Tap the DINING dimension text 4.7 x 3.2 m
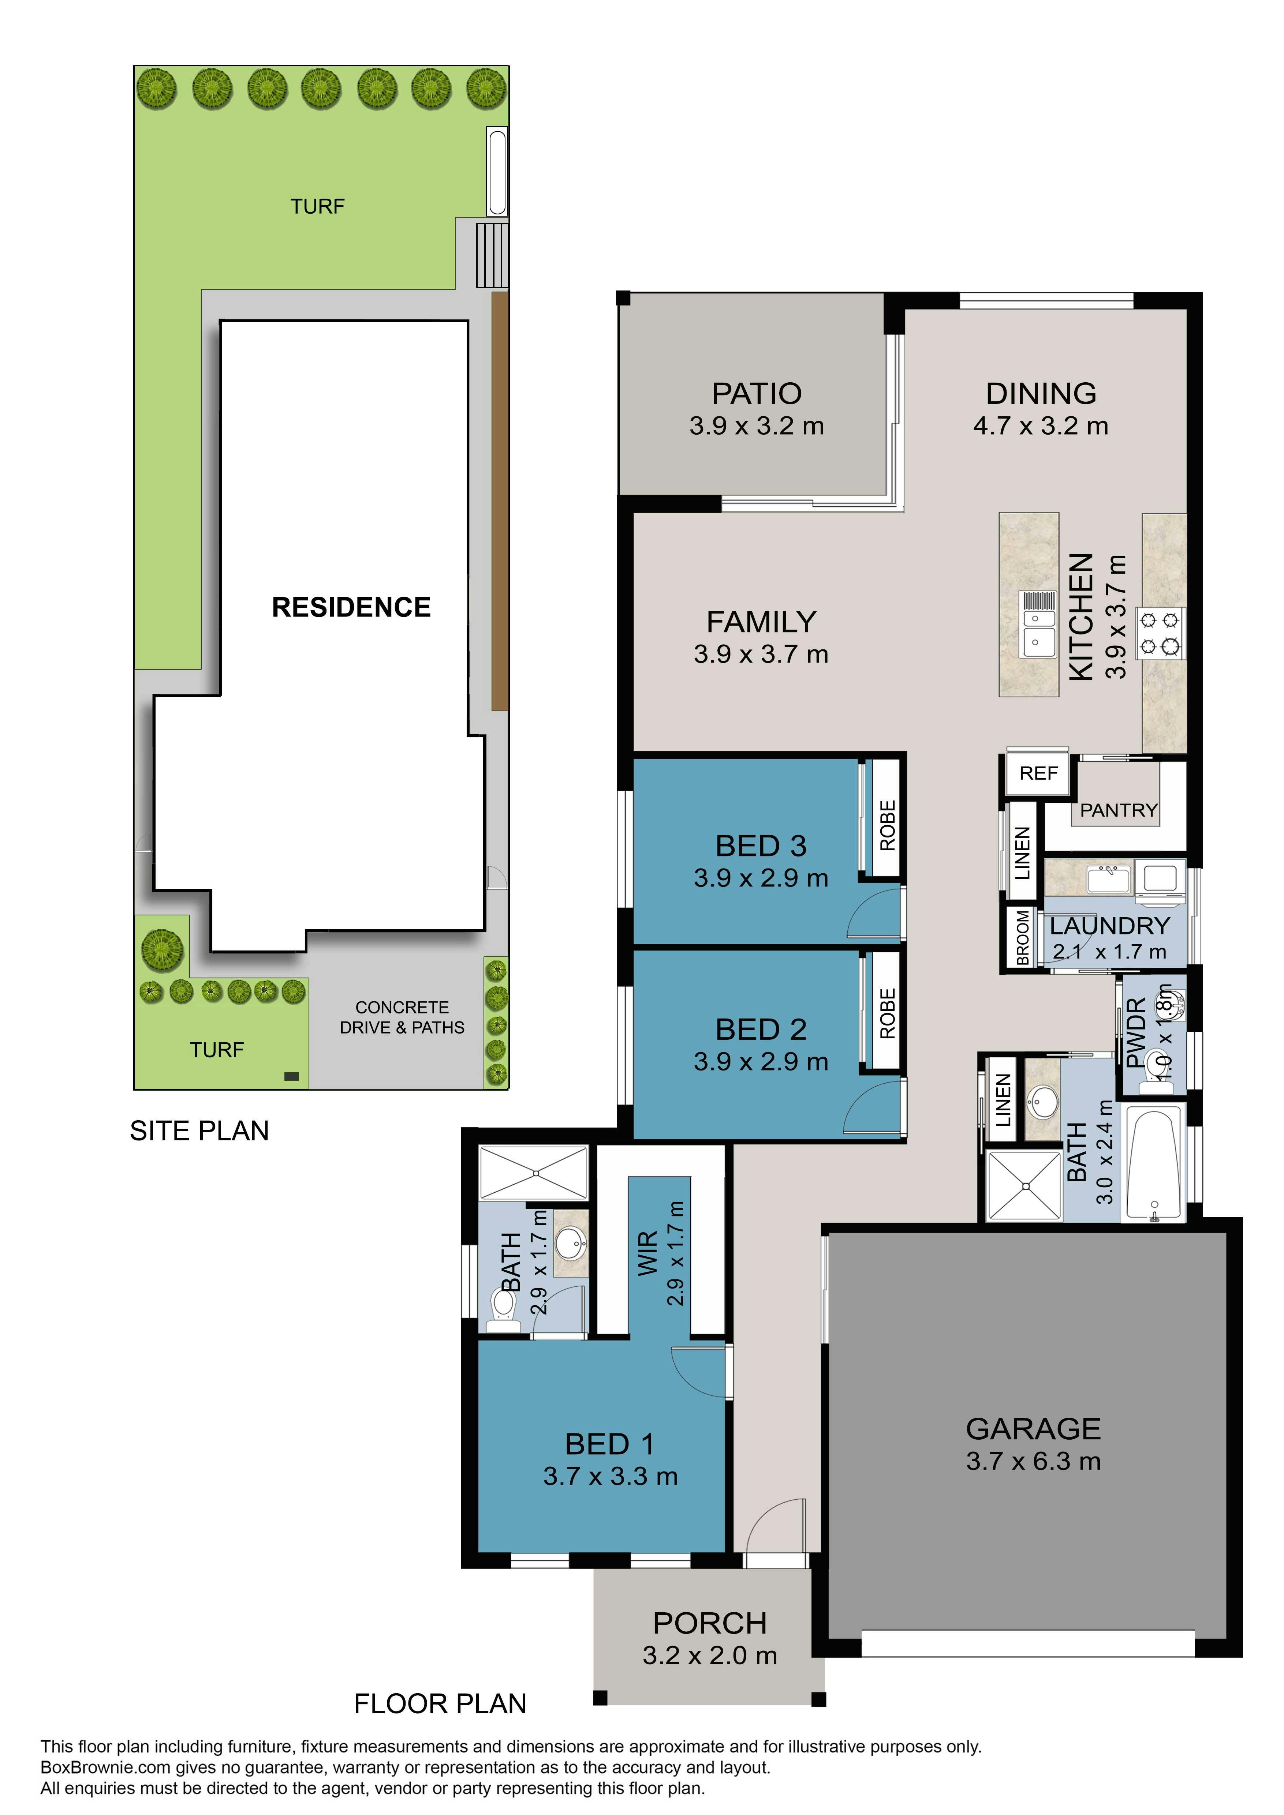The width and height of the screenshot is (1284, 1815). click(1041, 426)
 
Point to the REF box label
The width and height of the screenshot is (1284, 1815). click(1038, 773)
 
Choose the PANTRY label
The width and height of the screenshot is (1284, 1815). click(1118, 810)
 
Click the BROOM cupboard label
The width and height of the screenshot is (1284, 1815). click(1022, 938)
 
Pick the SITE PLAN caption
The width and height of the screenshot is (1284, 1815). click(199, 1131)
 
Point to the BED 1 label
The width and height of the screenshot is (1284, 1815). click(609, 1444)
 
